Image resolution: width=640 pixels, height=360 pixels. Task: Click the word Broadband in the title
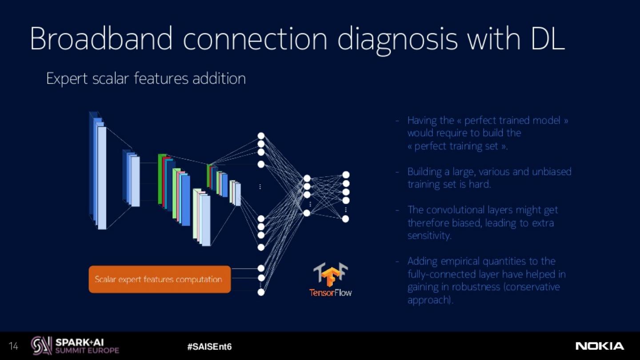(101, 39)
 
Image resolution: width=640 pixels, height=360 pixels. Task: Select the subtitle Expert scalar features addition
(146, 79)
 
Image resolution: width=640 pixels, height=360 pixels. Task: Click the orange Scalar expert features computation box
(160, 280)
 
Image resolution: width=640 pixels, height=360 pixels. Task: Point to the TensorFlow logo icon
(330, 275)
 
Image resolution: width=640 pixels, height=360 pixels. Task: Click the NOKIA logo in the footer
(600, 346)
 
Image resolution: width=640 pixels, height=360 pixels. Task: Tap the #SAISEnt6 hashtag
(209, 347)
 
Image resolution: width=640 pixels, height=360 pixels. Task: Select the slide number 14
(13, 346)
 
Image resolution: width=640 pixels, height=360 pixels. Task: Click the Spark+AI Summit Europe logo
(75, 346)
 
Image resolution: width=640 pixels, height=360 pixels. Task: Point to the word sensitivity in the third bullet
(429, 236)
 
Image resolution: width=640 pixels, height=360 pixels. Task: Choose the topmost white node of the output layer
(346, 175)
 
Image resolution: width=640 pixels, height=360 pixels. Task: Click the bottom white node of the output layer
(345, 219)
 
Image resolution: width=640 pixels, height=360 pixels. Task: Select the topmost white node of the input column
(261, 136)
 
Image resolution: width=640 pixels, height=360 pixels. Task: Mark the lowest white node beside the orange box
(261, 292)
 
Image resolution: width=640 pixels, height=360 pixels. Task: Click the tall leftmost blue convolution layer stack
(98, 171)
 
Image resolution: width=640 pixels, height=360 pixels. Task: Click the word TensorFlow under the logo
(331, 292)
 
